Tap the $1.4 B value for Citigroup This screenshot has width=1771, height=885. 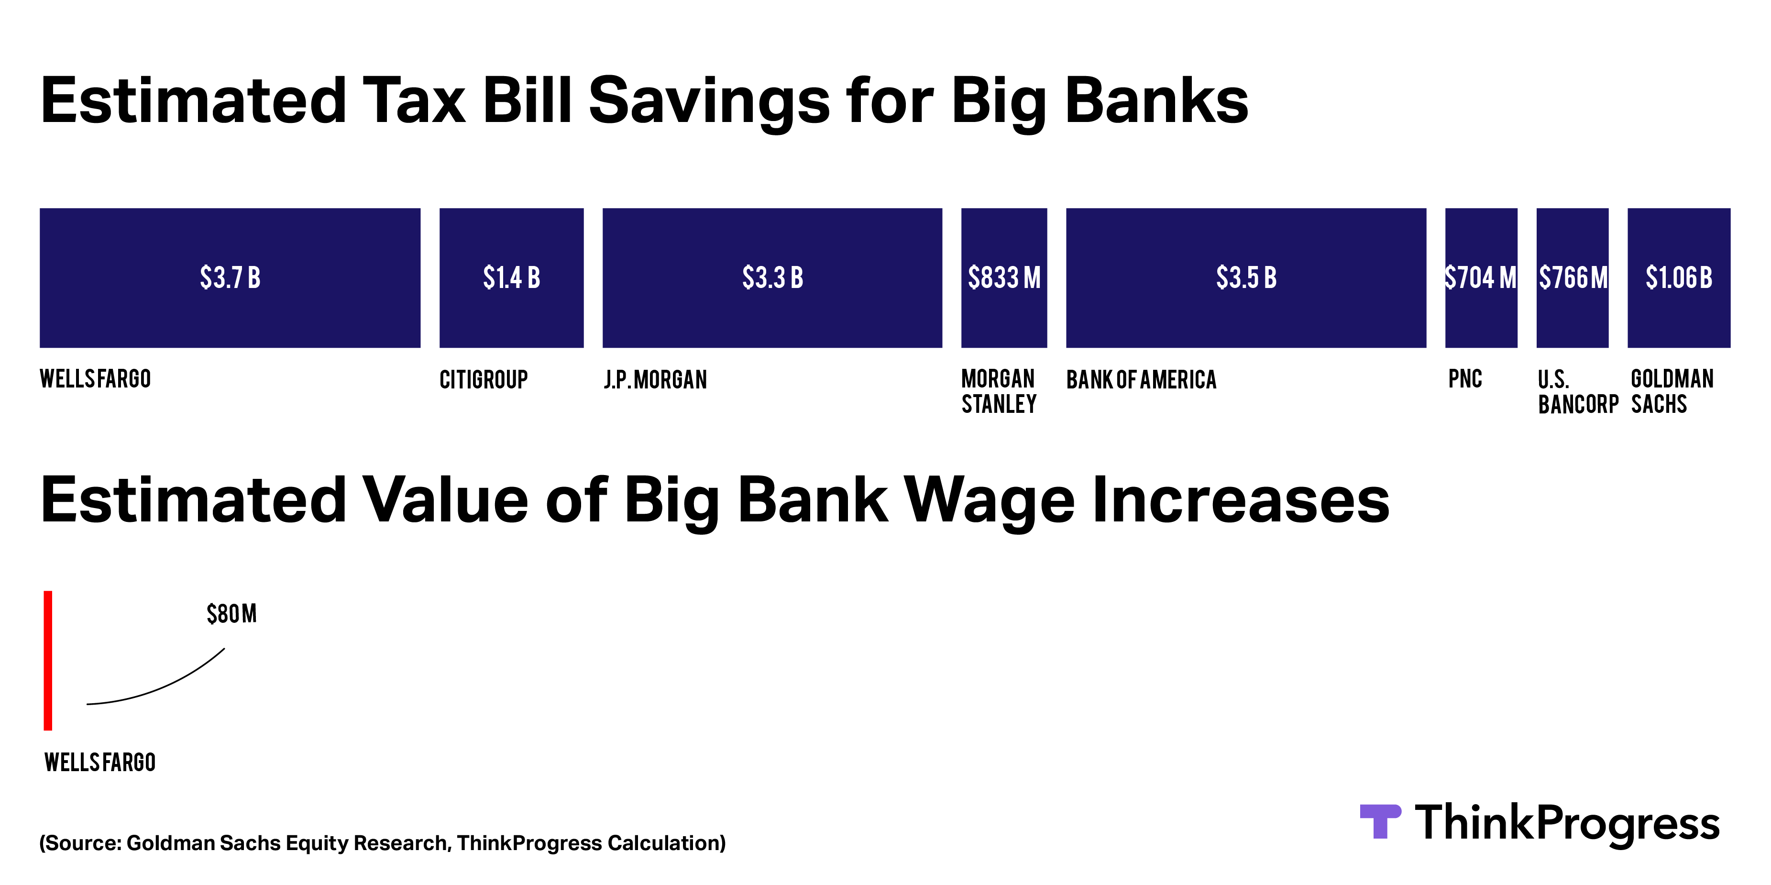(512, 278)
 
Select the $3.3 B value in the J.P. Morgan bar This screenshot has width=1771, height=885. (773, 278)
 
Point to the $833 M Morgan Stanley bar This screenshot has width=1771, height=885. (1004, 278)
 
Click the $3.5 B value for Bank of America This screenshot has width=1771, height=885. (1246, 278)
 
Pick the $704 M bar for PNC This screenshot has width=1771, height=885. (1481, 278)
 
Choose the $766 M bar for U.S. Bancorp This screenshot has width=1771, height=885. (1573, 278)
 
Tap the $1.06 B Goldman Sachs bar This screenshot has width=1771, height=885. (1679, 278)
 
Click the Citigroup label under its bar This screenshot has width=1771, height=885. (484, 379)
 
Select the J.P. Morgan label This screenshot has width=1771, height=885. (655, 379)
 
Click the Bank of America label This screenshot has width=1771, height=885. (1141, 379)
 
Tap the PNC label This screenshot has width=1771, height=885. (1465, 379)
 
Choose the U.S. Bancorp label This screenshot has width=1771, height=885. (1578, 392)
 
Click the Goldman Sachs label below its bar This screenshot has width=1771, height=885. (1672, 391)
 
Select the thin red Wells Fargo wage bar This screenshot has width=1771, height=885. (48, 660)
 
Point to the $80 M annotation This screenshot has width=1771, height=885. (231, 613)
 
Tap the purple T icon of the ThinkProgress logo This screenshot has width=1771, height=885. (1380, 821)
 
